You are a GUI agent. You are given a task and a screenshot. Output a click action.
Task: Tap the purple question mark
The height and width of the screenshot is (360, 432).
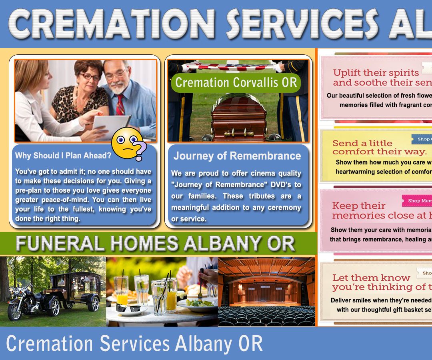coord(139,151)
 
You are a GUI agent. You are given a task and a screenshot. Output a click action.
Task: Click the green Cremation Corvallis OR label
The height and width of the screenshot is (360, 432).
coord(236,82)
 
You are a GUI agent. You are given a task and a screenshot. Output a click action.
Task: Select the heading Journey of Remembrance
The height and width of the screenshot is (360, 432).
coord(237,156)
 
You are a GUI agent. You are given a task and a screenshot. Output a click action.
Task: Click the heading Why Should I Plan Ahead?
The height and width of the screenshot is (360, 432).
coord(63,156)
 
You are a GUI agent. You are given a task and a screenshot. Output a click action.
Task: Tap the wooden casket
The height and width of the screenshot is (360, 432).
coord(239,116)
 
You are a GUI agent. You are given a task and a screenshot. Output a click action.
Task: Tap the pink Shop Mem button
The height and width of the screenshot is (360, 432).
coord(418,201)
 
